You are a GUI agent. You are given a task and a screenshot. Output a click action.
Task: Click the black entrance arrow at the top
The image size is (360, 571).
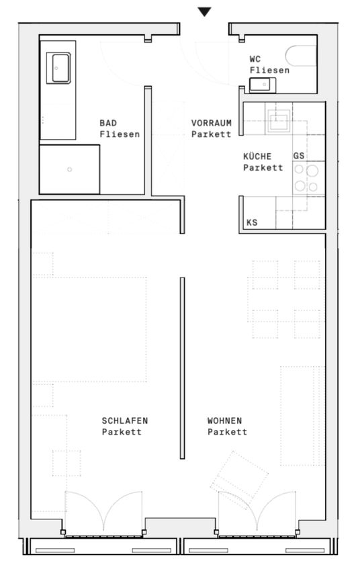[205, 12]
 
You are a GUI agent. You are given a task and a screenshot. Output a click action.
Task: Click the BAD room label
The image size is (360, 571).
[108, 123]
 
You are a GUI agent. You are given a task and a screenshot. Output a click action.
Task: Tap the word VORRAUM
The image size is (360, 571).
[212, 123]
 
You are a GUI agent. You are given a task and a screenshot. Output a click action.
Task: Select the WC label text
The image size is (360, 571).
[255, 59]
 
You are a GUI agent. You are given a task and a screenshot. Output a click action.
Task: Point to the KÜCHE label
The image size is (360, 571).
[257, 157]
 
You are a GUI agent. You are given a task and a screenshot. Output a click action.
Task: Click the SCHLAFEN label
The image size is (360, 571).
[125, 421]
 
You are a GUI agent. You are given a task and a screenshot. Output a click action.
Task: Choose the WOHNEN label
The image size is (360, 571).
[224, 421]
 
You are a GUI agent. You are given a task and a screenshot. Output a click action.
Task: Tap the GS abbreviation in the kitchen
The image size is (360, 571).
[299, 157]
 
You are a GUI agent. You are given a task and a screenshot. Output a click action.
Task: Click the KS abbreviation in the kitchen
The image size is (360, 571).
[252, 222]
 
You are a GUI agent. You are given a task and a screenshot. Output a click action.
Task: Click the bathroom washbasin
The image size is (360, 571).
[58, 68]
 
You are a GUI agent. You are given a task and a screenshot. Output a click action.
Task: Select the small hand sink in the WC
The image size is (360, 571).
[263, 85]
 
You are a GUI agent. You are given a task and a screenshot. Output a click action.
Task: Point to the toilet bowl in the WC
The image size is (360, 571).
[301, 56]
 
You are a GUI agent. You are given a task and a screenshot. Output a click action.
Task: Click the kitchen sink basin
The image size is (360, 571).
[279, 120]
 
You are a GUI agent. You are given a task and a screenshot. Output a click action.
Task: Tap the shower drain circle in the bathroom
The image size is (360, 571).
[70, 169]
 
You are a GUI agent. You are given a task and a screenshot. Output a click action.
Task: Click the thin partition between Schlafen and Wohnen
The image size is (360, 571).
[183, 368]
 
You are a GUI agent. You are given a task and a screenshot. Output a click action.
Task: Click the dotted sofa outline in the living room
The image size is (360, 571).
[302, 416]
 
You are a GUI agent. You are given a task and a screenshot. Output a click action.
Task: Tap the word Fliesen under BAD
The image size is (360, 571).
[120, 134]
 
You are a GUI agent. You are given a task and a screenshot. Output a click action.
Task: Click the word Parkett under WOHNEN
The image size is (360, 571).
[228, 432]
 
